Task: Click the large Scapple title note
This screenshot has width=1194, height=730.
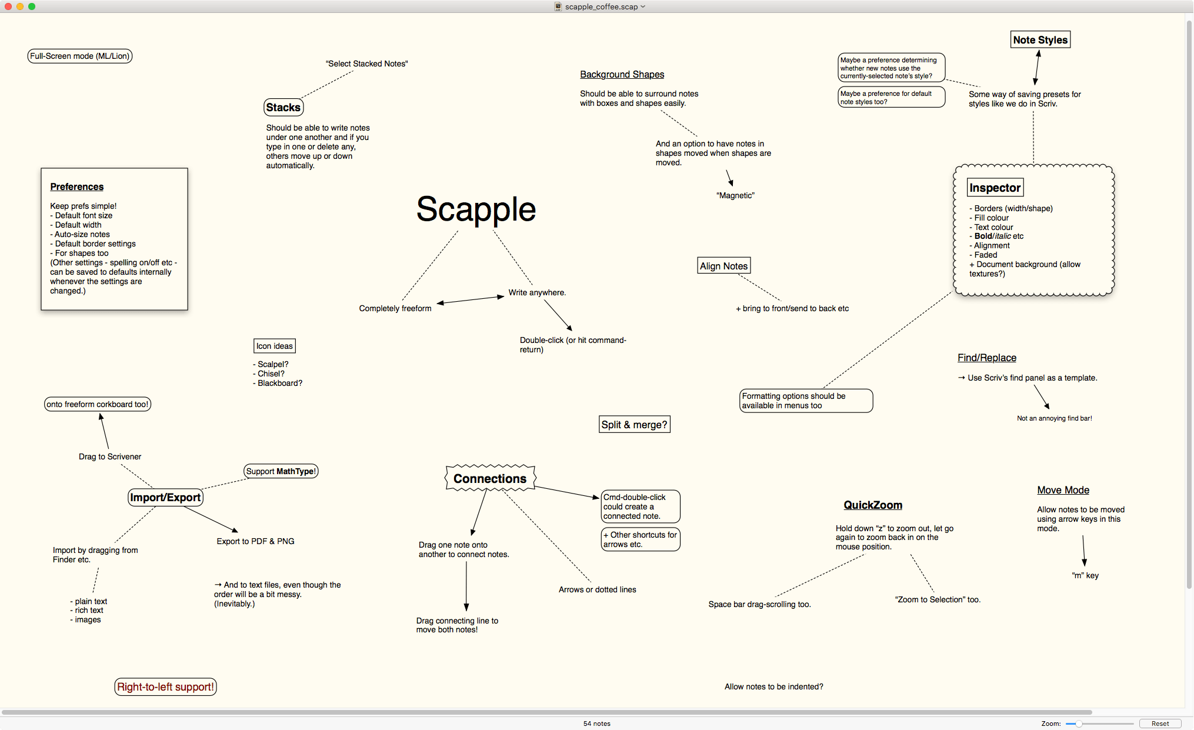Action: point(476,209)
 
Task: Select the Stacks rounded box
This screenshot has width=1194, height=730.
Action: point(284,107)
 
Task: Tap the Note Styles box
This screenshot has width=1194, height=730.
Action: point(1040,40)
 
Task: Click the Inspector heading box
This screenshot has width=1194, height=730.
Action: point(995,188)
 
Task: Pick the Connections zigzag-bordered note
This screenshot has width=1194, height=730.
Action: point(490,478)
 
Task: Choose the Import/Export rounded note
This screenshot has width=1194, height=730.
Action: point(165,498)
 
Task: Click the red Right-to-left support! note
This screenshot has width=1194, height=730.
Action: point(165,686)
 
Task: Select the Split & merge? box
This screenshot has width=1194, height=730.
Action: point(635,425)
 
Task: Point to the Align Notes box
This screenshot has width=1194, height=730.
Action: point(723,266)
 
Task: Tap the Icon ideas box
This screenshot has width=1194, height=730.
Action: point(274,346)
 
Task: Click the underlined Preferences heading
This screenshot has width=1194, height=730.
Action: point(77,186)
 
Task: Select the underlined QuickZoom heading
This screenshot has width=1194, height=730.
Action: point(873,505)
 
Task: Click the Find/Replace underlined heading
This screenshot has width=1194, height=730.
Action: point(987,358)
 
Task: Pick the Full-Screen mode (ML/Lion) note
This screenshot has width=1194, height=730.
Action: point(79,56)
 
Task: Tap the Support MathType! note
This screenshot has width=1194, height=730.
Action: point(281,471)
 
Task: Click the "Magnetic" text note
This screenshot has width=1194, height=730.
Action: point(735,195)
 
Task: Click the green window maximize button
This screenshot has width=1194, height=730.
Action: point(32,6)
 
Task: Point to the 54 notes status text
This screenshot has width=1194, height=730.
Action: point(596,724)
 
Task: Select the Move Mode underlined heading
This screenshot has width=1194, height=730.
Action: point(1063,490)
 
